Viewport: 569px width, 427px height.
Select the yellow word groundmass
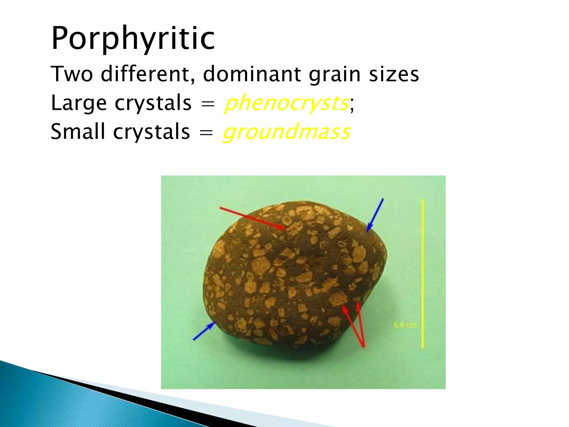[286, 132]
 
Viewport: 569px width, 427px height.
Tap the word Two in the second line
[72, 74]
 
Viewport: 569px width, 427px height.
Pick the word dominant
[252, 74]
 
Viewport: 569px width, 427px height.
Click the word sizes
[394, 74]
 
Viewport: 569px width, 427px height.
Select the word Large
[79, 103]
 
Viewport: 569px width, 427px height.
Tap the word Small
[78, 131]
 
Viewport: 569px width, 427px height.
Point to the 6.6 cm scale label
[405, 325]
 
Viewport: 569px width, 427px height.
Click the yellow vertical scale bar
[423, 274]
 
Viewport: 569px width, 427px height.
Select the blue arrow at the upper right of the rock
[375, 215]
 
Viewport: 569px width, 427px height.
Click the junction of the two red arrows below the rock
[363, 346]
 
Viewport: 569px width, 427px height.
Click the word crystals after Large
[153, 103]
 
